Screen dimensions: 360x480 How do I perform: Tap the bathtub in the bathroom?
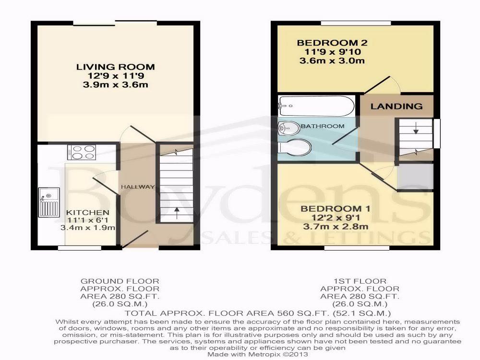tap(316, 105)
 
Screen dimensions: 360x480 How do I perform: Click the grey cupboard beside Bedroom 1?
tap(415, 176)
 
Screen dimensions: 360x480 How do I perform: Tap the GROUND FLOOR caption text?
tap(120, 281)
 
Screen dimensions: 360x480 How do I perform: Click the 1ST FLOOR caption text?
tap(360, 281)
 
